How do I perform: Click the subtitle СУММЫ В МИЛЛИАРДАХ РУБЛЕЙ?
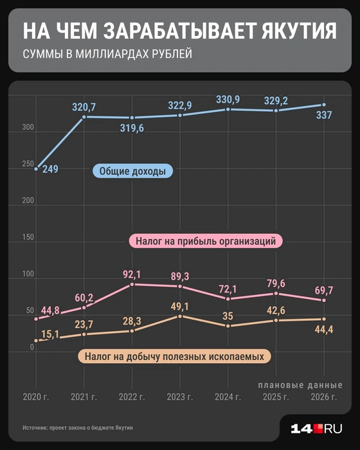coord(107,55)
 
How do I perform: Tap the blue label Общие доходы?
coord(132,172)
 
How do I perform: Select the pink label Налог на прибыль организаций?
coord(206,242)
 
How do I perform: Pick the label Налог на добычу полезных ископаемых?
coord(175,355)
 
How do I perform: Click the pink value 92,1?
coord(132,274)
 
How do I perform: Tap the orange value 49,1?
coord(181,306)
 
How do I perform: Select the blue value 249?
coord(50,170)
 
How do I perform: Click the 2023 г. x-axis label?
coord(181,397)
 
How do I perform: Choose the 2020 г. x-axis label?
coord(35,397)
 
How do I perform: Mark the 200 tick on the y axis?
coord(28,201)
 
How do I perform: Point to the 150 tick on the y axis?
coord(28,238)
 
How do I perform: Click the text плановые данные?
coord(300,384)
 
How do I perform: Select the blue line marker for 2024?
coord(228,109)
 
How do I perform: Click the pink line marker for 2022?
coord(132,284)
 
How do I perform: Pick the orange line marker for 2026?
coord(323,319)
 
